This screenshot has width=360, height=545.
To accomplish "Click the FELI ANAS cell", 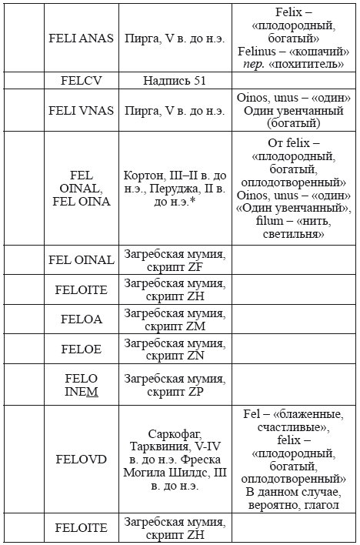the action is pyautogui.click(x=81, y=37).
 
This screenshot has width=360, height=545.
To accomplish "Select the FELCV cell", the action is pyautogui.click(x=81, y=80).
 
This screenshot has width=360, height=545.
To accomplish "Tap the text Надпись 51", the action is pyautogui.click(x=175, y=80).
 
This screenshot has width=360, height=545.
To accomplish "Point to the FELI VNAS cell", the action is pyautogui.click(x=81, y=110).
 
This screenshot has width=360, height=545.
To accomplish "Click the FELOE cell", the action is pyautogui.click(x=81, y=349).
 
